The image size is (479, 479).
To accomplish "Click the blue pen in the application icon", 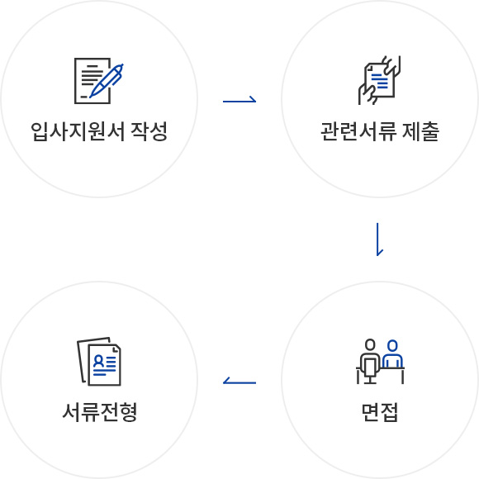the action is [107, 80].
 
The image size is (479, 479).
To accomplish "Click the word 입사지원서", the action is [78, 131].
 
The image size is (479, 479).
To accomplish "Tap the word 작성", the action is [149, 131].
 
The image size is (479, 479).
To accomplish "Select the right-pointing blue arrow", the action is [239, 100].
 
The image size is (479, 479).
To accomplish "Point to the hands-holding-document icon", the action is [379, 80].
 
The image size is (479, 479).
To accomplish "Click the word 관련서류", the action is [358, 131].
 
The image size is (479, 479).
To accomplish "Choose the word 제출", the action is [420, 131].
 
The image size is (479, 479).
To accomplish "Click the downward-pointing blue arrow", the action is [378, 239].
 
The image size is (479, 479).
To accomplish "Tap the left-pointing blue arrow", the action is [239, 382].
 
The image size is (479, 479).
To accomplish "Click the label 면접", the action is [380, 412].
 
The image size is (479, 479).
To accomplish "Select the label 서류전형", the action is [100, 412].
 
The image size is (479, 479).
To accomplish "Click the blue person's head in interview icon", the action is [392, 345].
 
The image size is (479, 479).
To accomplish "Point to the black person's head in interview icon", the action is [370, 344].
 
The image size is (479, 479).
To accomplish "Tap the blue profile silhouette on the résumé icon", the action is [98, 361].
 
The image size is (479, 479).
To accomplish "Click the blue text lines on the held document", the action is [379, 81].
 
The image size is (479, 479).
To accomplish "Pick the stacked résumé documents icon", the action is [99, 362].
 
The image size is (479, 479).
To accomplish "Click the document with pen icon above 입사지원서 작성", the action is [99, 81].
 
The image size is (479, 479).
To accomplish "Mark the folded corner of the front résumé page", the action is [116, 349].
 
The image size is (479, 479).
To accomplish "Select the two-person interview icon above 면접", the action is [381, 362].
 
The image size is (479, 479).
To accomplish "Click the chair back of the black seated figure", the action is [370, 367].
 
